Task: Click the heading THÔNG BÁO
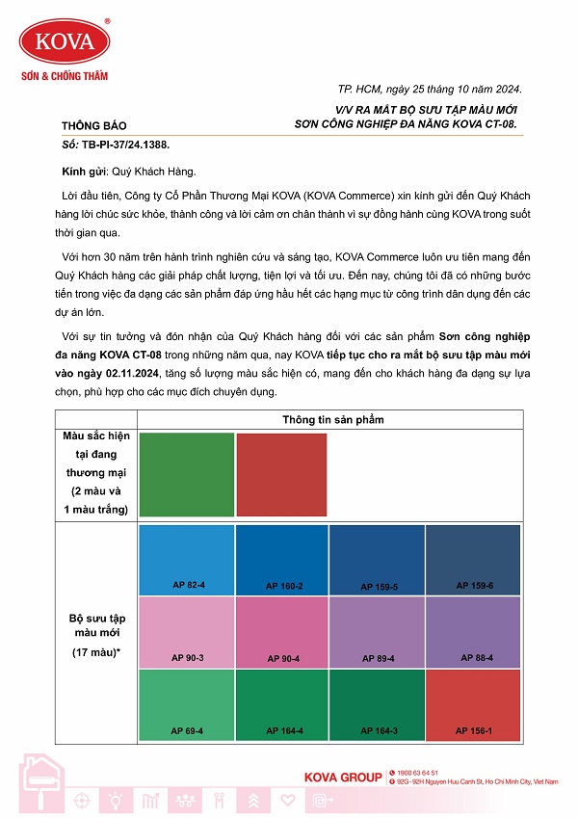click(x=93, y=125)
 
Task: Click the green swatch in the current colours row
click(x=187, y=475)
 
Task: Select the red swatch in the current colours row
click(x=281, y=475)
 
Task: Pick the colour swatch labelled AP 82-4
click(x=187, y=560)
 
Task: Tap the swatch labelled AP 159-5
click(x=378, y=560)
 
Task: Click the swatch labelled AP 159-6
click(x=473, y=560)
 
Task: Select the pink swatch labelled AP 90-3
click(x=187, y=632)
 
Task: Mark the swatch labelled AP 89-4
click(x=378, y=632)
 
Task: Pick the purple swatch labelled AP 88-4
click(x=473, y=632)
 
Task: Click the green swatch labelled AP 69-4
click(x=187, y=704)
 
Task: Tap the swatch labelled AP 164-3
click(x=378, y=704)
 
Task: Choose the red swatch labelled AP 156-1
click(x=473, y=704)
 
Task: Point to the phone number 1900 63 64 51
click(x=416, y=773)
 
